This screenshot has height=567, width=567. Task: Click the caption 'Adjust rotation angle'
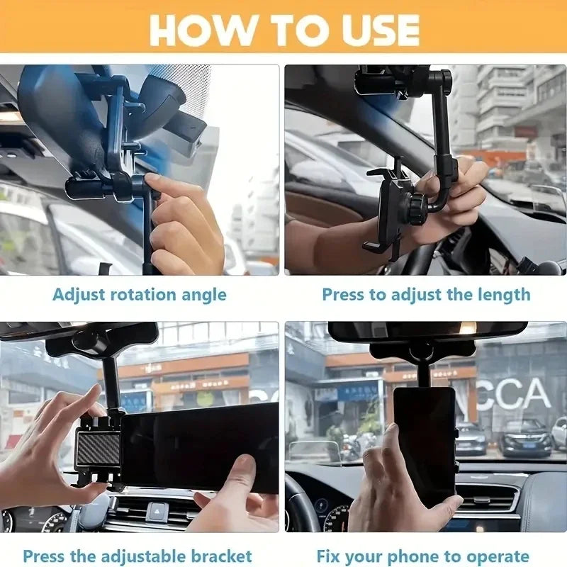(x=140, y=294)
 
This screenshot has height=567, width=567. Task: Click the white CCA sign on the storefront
(x=514, y=394)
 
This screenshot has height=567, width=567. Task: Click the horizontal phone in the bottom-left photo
(x=198, y=447)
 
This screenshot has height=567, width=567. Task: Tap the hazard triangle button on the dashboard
(x=157, y=512)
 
